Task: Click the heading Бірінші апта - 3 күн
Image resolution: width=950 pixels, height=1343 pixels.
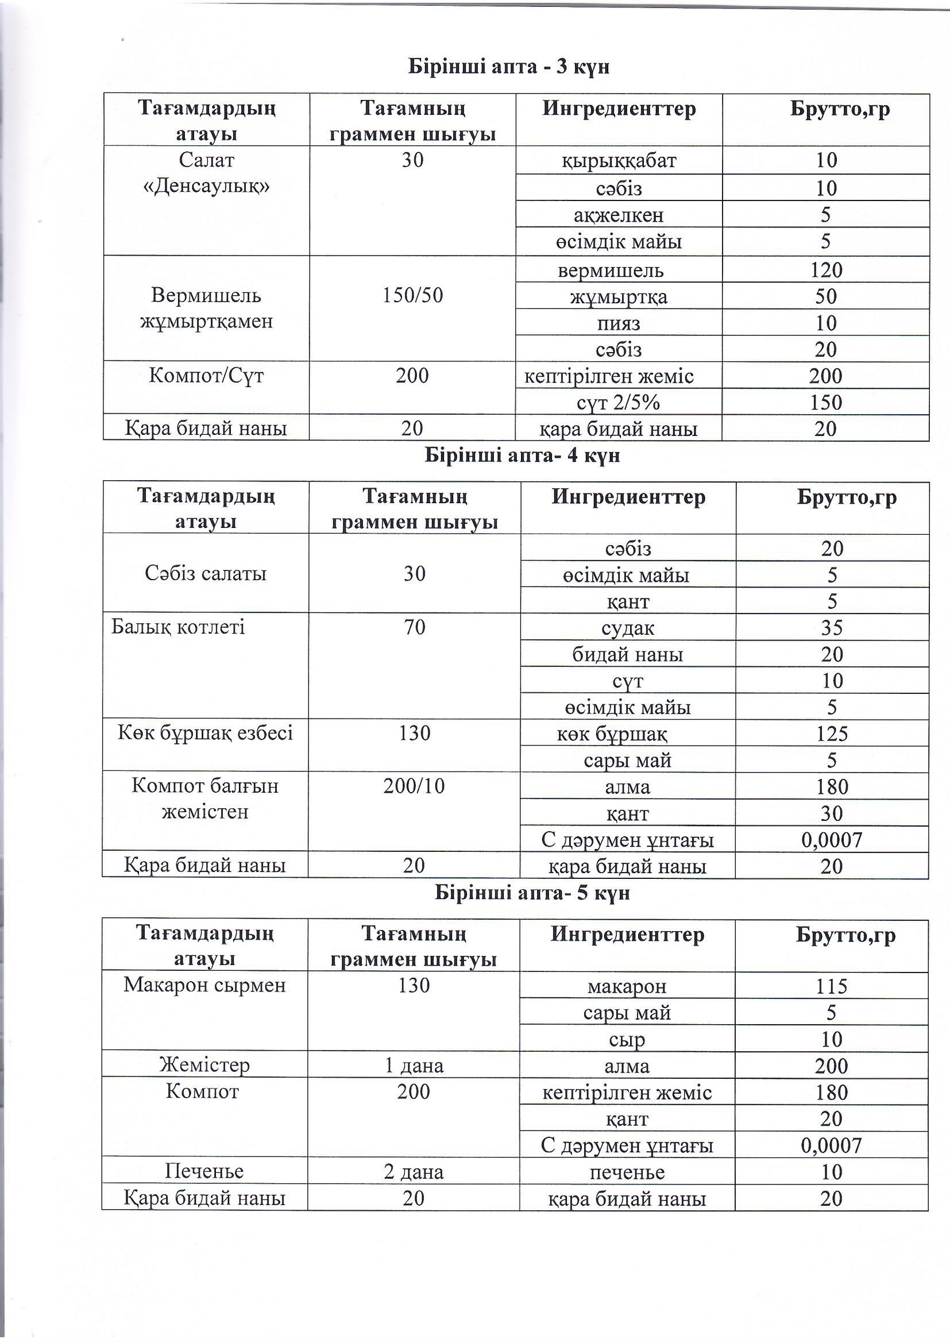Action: pyautogui.click(x=508, y=67)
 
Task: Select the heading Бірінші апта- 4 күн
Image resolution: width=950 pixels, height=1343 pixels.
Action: pyautogui.click(x=522, y=455)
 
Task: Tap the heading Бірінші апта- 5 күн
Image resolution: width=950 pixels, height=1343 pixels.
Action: pyautogui.click(x=532, y=893)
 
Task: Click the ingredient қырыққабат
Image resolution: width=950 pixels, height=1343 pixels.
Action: pyautogui.click(x=619, y=160)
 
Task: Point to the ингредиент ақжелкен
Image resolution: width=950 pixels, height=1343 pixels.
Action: pyautogui.click(x=619, y=215)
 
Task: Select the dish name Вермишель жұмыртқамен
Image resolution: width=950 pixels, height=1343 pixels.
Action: pyautogui.click(x=206, y=308)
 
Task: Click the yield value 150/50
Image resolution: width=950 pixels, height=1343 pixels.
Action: pyautogui.click(x=412, y=295)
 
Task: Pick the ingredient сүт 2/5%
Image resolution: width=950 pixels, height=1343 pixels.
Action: pyautogui.click(x=619, y=403)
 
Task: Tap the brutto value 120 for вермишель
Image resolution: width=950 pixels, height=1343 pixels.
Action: pyautogui.click(x=825, y=270)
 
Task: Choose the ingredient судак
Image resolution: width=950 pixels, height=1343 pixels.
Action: pyautogui.click(x=627, y=628)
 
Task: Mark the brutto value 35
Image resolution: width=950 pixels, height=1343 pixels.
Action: pyautogui.click(x=831, y=628)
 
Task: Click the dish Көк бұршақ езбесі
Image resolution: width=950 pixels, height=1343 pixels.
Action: pyautogui.click(x=205, y=733)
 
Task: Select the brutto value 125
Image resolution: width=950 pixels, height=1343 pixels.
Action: pyautogui.click(x=831, y=734)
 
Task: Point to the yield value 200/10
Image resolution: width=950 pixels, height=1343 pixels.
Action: pyautogui.click(x=414, y=786)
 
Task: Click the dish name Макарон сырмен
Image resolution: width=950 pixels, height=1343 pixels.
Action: pyautogui.click(x=204, y=985)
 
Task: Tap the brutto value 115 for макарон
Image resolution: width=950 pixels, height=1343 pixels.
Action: pyautogui.click(x=831, y=987)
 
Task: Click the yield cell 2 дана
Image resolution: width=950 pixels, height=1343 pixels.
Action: pyautogui.click(x=414, y=1172)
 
